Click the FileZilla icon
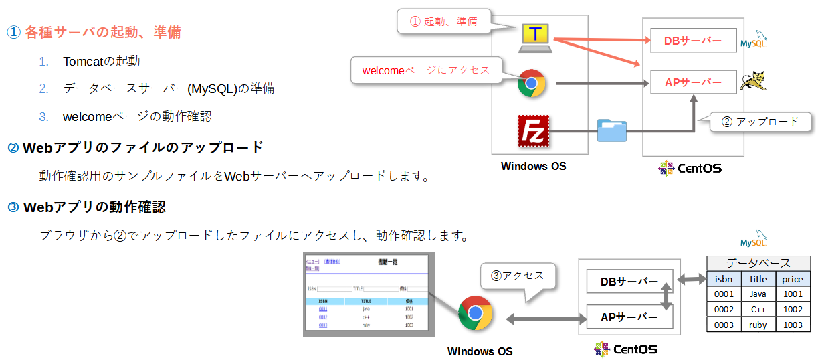pyautogui.click(x=533, y=130)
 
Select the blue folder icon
pyautogui.click(x=612, y=130)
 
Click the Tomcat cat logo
pyautogui.click(x=752, y=80)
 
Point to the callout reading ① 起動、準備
pyautogui.click(x=444, y=21)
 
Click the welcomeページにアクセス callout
pyautogui.click(x=426, y=70)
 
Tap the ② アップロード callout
pyautogui.click(x=760, y=122)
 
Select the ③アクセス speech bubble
pyautogui.click(x=518, y=275)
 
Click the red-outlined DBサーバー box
pyautogui.click(x=693, y=41)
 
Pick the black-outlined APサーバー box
pyautogui.click(x=629, y=317)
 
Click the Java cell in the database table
pyautogui.click(x=758, y=294)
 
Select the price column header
pyautogui.click(x=793, y=279)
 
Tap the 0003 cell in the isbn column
pyautogui.click(x=724, y=325)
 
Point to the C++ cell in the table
pyautogui.click(x=758, y=309)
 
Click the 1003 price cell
pyautogui.click(x=793, y=325)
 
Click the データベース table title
pyautogui.click(x=758, y=263)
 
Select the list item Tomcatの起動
pyautogui.click(x=102, y=61)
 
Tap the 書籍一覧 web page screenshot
pyautogui.click(x=369, y=294)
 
